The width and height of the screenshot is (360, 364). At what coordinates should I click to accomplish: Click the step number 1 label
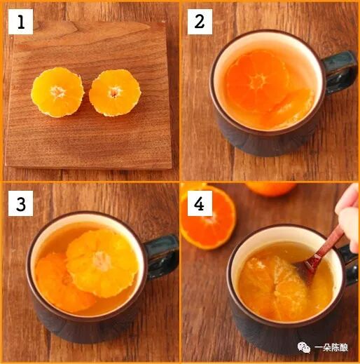click(21, 22)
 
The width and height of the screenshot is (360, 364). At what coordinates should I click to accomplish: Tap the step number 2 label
click(200, 22)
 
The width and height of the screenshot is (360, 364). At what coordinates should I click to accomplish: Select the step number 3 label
click(21, 203)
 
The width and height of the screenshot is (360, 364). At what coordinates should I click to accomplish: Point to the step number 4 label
click(200, 203)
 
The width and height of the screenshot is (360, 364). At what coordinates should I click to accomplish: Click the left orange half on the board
click(57, 92)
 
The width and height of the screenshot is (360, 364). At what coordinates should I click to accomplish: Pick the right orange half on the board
click(115, 93)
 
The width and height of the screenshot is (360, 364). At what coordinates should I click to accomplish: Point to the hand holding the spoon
click(348, 217)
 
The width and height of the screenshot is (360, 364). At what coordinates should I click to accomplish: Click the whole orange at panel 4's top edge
click(271, 189)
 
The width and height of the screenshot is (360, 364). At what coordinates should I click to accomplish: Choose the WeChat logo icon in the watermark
click(304, 347)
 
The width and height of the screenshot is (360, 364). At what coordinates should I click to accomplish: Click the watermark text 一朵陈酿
click(331, 348)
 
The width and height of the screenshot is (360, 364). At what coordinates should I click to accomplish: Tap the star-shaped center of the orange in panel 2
click(258, 81)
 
